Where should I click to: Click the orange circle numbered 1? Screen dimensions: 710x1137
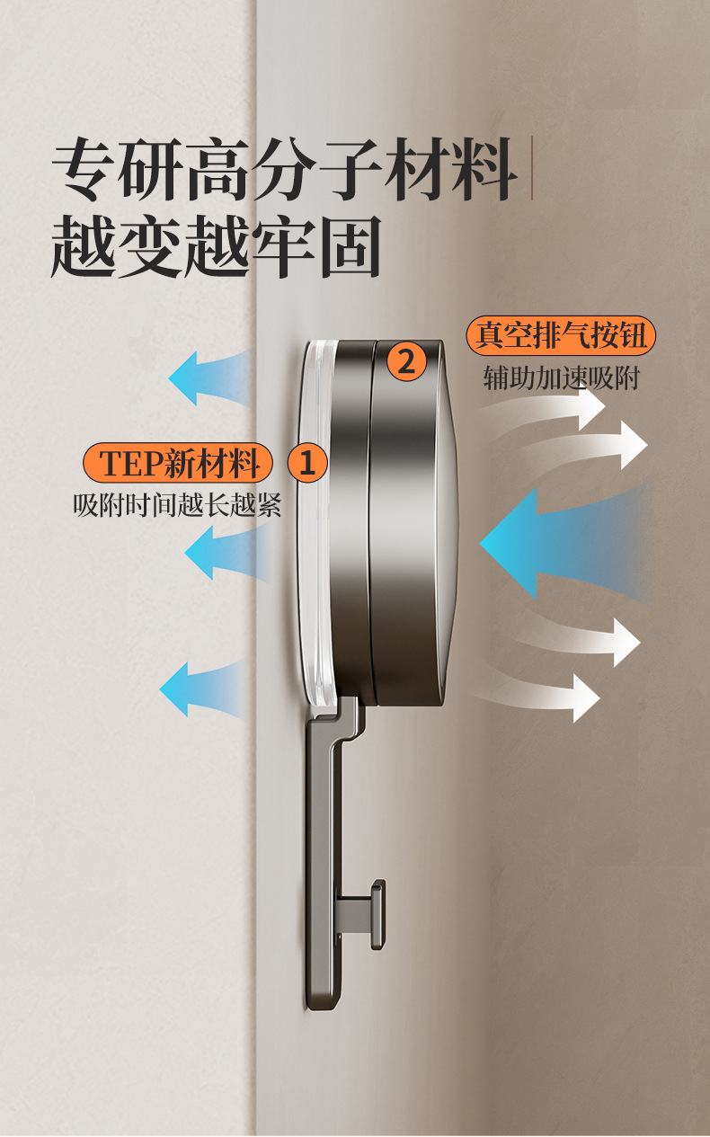tap(307, 464)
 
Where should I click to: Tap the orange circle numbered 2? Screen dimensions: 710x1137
tap(406, 362)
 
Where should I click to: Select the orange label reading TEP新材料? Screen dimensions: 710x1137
tap(179, 464)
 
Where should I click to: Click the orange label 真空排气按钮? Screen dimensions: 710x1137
tap(561, 336)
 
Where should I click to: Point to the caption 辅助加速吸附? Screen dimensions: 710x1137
tap(561, 378)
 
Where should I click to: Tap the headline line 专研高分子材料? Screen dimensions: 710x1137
tap(285, 169)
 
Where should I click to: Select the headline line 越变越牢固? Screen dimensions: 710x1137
tap(217, 244)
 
